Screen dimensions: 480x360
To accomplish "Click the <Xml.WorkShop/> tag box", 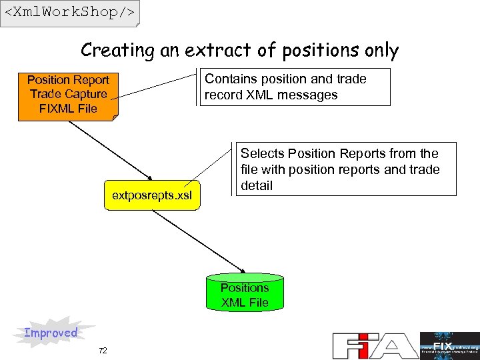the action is point(70,13).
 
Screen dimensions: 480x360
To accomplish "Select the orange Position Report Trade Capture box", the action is point(68,95).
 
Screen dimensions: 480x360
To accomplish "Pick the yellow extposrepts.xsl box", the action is point(152,195).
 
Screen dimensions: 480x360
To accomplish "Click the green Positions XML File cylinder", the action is point(245,291).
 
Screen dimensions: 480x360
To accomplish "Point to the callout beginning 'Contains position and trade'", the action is point(295,87).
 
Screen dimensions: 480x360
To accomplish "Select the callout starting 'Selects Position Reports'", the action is point(347,169).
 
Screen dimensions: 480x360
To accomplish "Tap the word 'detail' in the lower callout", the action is point(257,185).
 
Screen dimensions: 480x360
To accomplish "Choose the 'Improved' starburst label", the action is point(51,333).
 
